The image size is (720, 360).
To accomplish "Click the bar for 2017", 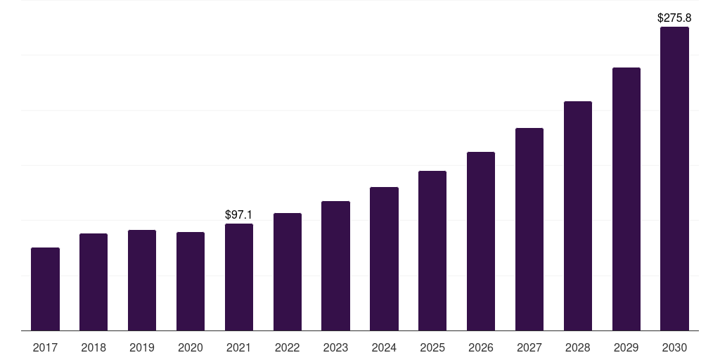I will point(45,289).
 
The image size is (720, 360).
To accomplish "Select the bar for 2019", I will point(142,280).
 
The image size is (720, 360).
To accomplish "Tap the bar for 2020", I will point(191,281).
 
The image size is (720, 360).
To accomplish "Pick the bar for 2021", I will point(239,277).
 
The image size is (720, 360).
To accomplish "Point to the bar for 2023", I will point(335,266).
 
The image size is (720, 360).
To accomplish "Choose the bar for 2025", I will point(432,250).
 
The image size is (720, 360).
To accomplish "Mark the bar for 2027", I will point(529,229).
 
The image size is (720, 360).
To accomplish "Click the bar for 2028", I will point(578,216).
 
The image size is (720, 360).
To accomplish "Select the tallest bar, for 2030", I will point(674,179).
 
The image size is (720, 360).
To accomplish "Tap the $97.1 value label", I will point(239,214).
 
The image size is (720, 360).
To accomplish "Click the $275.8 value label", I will point(674,18).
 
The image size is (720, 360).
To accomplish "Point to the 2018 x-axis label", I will point(94,347).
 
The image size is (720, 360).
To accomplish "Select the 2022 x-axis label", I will point(287,347).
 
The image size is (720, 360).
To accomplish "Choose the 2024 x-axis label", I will point(384,347).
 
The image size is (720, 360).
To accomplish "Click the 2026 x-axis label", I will point(481,347).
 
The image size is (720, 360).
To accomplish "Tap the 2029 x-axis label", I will point(626,347).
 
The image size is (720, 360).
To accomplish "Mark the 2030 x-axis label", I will point(674,347).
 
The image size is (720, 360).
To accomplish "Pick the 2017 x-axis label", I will point(45,347).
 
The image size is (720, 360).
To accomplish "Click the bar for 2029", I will point(626,199).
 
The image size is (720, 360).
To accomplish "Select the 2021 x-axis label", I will point(239,347).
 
